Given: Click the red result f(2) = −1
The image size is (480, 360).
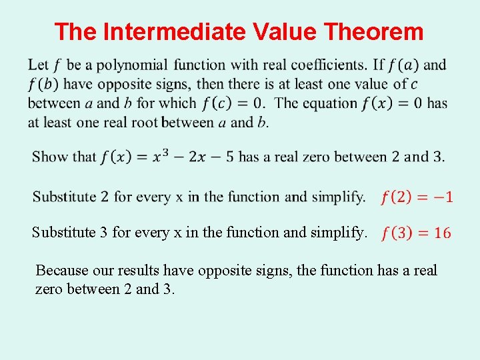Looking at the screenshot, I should [417, 197].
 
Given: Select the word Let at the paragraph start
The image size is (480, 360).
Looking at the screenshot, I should [38, 65].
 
